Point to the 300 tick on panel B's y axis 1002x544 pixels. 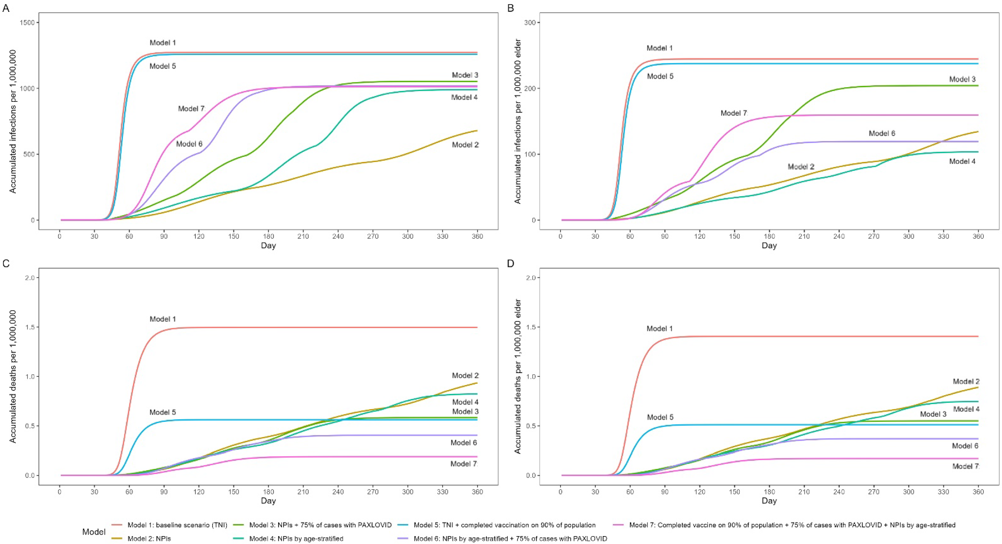pyautogui.click(x=530, y=23)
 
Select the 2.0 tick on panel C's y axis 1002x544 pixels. pyautogui.click(x=29, y=278)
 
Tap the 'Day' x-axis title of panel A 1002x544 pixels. pyautogui.click(x=268, y=245)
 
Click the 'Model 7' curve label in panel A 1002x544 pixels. pyautogui.click(x=191, y=109)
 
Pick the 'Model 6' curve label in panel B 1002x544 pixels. pyautogui.click(x=882, y=133)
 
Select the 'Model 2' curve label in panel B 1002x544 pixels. pyautogui.click(x=801, y=167)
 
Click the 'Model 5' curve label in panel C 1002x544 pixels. pyautogui.click(x=163, y=412)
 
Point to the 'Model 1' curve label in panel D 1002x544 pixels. pyautogui.click(x=659, y=328)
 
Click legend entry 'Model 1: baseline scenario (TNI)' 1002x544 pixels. pyautogui.click(x=177, y=525)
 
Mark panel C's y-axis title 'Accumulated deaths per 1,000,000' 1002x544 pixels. pyautogui.click(x=13, y=376)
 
